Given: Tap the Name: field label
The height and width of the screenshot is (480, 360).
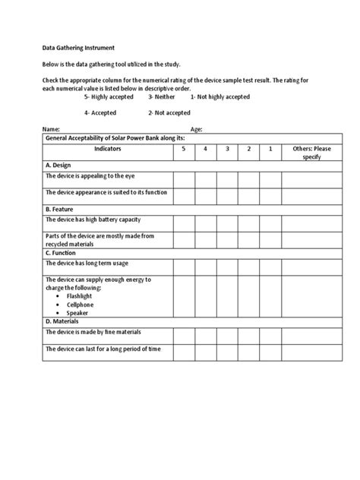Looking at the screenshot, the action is coord(50,130).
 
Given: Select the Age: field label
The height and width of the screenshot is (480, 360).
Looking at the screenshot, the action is coord(196,130).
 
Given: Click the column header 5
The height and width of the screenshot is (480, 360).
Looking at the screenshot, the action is coord(183,150).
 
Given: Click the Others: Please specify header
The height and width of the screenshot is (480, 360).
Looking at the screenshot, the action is coord(312,153).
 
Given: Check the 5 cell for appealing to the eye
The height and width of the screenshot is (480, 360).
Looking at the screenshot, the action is coord(183,178).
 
